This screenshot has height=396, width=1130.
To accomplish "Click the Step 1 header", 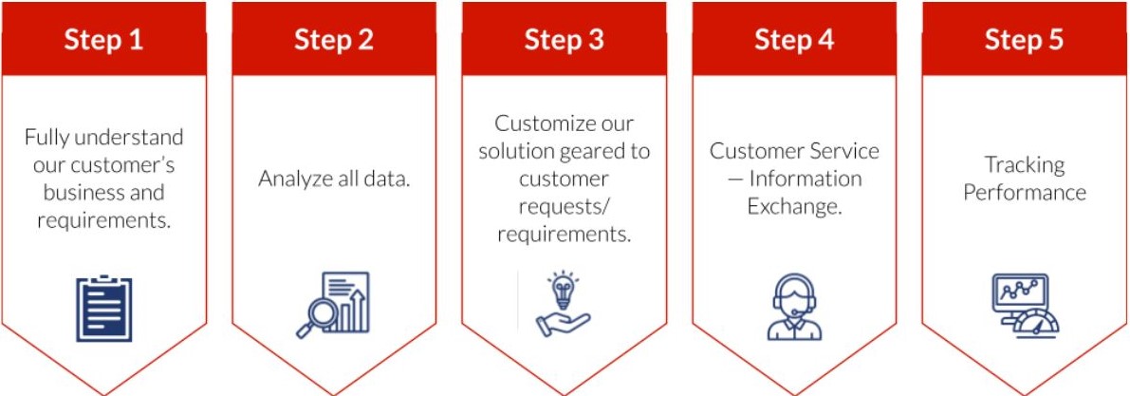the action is (x=103, y=40).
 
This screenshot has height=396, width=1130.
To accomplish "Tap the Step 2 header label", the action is (x=334, y=40).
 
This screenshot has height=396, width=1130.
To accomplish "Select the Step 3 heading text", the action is (x=564, y=40).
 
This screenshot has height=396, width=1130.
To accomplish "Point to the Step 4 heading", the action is (x=794, y=40).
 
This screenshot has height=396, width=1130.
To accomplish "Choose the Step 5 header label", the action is (x=1024, y=40).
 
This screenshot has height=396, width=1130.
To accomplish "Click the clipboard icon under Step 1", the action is (x=104, y=308).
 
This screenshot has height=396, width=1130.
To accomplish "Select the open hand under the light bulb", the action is (x=563, y=324).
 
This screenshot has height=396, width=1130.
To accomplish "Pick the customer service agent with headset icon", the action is (x=794, y=307).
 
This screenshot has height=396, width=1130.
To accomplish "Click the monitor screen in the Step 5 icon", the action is (x=1020, y=292).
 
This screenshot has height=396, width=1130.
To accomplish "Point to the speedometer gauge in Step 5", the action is (x=1036, y=325).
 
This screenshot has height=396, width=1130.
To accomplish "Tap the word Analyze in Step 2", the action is (x=289, y=179).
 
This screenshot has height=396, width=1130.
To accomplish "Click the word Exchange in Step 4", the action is (x=794, y=207).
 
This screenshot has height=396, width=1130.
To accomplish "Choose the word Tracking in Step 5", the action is (x=1024, y=165).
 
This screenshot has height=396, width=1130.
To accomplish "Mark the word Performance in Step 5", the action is (x=1024, y=193).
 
